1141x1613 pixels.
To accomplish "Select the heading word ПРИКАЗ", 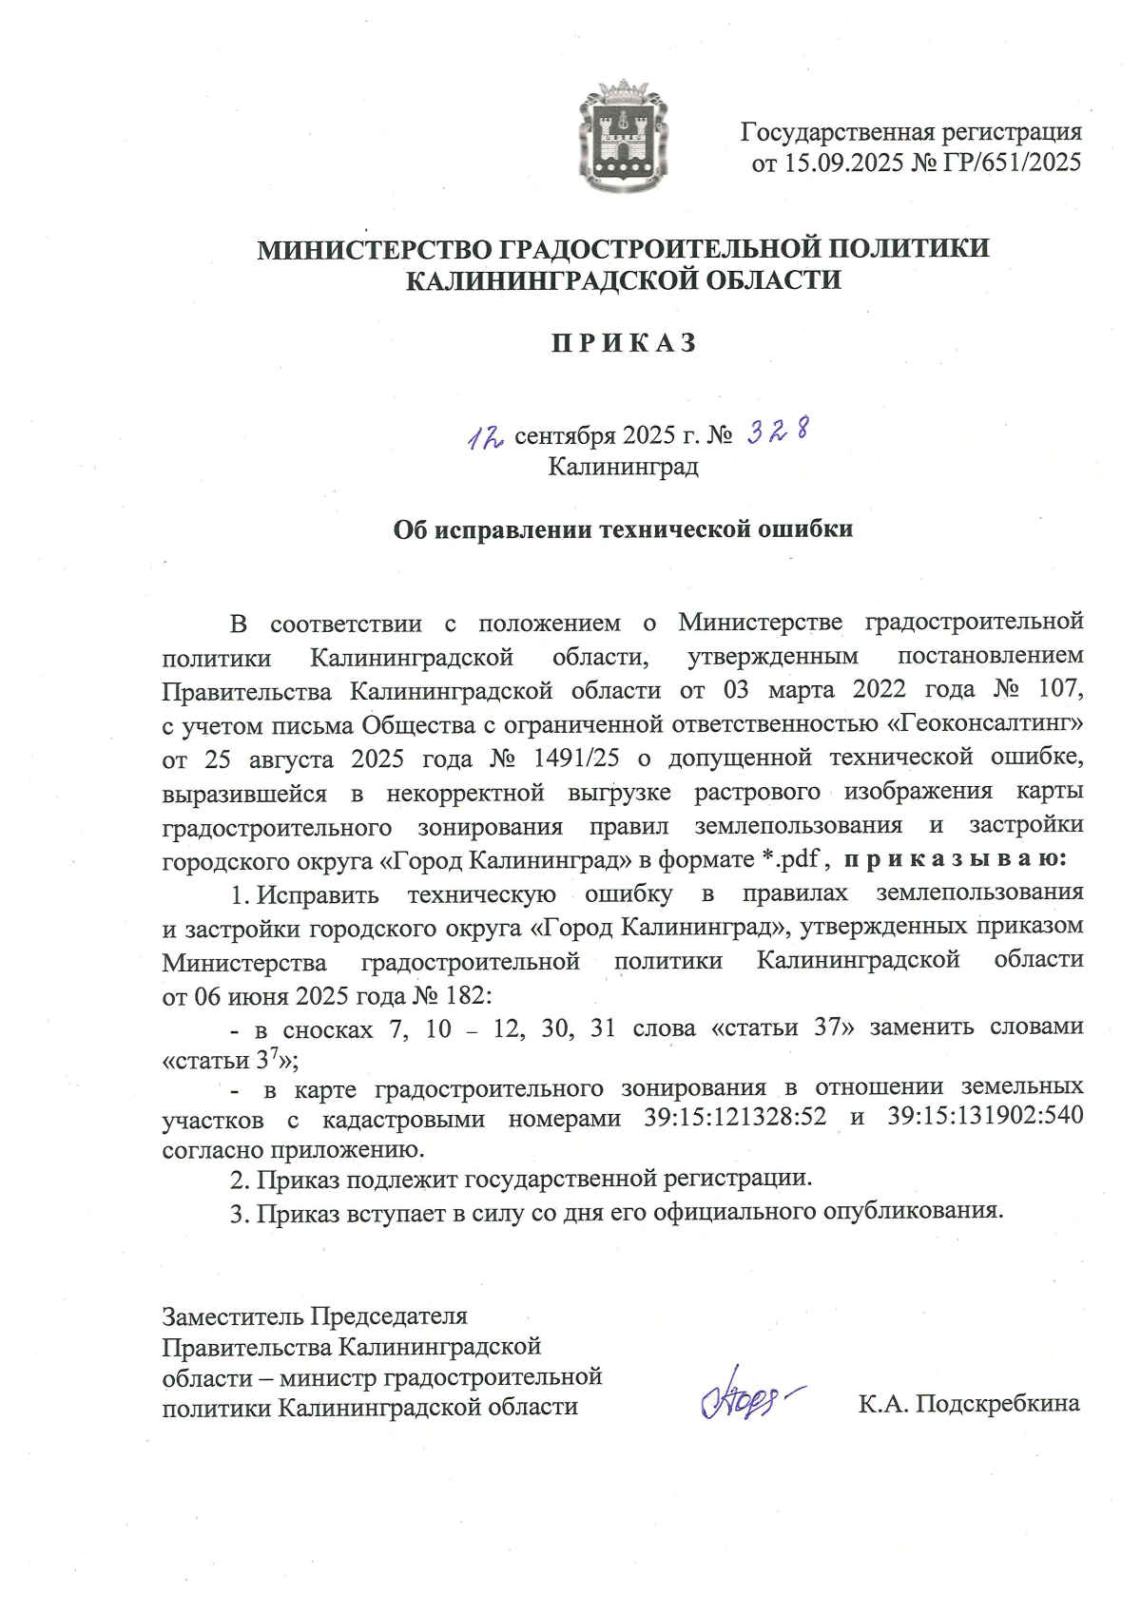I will (624, 343).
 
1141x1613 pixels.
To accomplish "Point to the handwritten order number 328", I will (778, 432).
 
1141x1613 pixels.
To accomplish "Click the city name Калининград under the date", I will (623, 467).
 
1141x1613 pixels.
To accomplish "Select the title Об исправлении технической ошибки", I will (623, 529).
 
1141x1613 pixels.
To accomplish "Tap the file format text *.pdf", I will (790, 859).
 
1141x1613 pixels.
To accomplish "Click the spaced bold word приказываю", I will (955, 859).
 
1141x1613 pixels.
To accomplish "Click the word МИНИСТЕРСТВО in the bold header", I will (374, 249).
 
